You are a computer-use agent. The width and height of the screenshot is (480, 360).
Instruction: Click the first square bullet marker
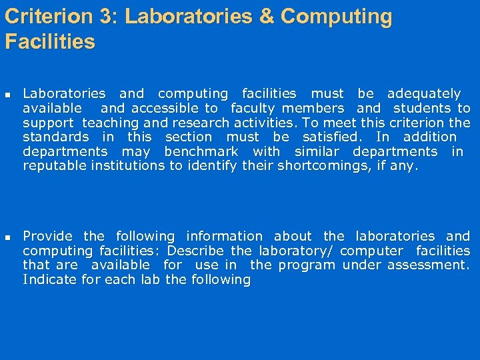8,94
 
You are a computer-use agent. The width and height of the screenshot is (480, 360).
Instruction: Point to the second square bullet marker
8,237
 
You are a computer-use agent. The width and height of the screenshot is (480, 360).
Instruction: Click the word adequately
424,94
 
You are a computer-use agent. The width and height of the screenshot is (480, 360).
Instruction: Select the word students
422,108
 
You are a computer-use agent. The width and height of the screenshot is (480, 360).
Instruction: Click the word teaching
111,123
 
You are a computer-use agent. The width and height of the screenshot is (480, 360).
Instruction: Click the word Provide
47,237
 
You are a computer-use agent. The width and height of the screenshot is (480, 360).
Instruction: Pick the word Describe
197,251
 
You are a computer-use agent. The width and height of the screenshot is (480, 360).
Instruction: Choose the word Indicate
47,280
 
